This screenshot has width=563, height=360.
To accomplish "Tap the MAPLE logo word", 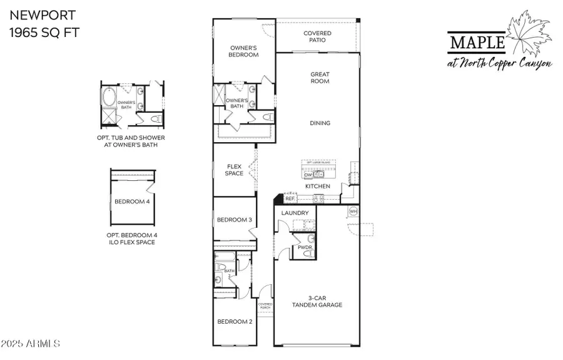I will (x=477, y=43).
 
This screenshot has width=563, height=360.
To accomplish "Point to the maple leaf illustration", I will (x=530, y=35).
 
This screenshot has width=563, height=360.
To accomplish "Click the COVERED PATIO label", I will (x=317, y=37).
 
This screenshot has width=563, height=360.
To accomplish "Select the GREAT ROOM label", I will (x=320, y=78).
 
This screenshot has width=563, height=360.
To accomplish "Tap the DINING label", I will (x=320, y=123).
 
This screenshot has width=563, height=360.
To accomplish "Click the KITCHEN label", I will (x=317, y=186).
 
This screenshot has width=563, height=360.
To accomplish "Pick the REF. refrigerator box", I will (x=290, y=199).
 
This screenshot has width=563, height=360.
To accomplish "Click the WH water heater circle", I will (x=353, y=211).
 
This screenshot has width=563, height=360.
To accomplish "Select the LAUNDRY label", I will (x=295, y=213).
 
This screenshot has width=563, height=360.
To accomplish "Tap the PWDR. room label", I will (x=305, y=247).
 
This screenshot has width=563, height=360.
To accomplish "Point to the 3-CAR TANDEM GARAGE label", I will (x=317, y=302).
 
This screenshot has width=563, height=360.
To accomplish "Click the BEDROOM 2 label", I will (x=234, y=322).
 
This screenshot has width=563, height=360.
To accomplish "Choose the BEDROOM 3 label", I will (x=234, y=220).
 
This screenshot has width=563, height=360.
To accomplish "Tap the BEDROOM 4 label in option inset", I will (x=131, y=202).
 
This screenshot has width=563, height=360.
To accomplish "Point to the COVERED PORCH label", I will (x=265, y=306).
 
